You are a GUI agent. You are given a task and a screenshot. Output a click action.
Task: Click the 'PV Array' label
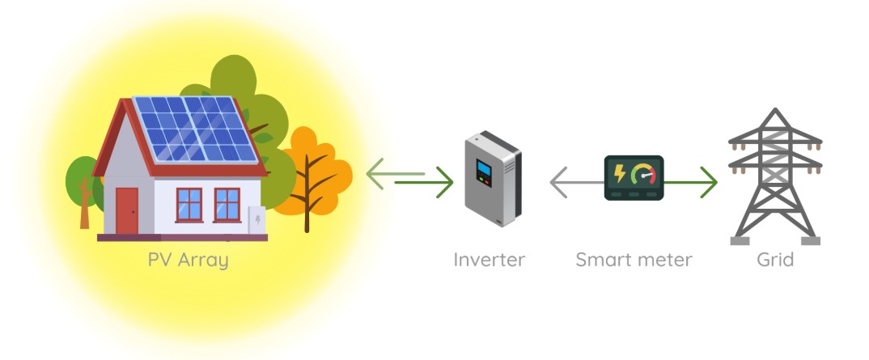[188, 260]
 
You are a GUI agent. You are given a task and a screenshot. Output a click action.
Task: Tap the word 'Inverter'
[489, 259]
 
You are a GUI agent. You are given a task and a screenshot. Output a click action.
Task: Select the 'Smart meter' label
[634, 259]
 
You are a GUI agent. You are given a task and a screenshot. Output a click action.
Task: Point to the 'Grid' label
[775, 259]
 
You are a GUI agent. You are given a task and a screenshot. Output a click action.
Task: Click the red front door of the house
[127, 211]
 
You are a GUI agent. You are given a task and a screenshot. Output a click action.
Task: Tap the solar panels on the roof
[195, 129]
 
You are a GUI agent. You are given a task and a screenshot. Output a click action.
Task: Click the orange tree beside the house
[313, 177]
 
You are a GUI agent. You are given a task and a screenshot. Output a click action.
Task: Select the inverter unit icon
[493, 178]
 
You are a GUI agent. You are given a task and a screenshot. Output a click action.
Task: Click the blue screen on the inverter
[484, 167]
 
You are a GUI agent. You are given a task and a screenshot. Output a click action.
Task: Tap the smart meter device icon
[634, 178]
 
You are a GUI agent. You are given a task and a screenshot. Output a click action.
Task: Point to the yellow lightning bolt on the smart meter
[620, 173]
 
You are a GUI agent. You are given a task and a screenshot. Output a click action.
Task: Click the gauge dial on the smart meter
[644, 173]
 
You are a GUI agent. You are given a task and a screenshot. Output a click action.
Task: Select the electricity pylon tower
[775, 176]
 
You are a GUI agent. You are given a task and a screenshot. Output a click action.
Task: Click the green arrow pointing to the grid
[690, 182]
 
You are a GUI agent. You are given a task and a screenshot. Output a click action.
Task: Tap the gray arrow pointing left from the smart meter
[577, 182]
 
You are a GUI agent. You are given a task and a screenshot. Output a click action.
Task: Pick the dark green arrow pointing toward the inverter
[424, 182]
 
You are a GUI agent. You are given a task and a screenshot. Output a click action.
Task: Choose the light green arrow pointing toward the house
[395, 173]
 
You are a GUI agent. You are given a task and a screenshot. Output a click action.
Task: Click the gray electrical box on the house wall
[256, 220]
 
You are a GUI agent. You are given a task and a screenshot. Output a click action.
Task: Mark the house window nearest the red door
[189, 205]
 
